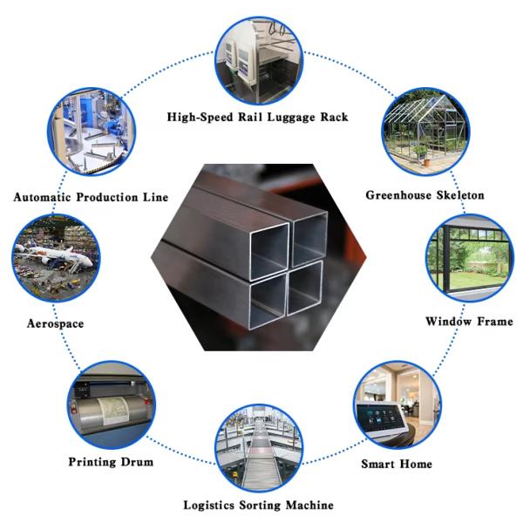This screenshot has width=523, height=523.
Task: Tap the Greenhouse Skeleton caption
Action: [x=425, y=195]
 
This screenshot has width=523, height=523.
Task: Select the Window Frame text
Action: [x=469, y=322]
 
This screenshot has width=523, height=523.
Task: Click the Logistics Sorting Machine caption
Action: [x=258, y=505]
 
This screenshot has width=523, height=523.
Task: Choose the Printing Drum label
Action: [x=111, y=461]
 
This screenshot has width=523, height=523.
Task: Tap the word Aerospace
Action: [x=55, y=323]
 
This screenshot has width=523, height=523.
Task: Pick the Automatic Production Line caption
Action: [x=91, y=197]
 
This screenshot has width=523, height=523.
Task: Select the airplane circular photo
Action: [x=56, y=261]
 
